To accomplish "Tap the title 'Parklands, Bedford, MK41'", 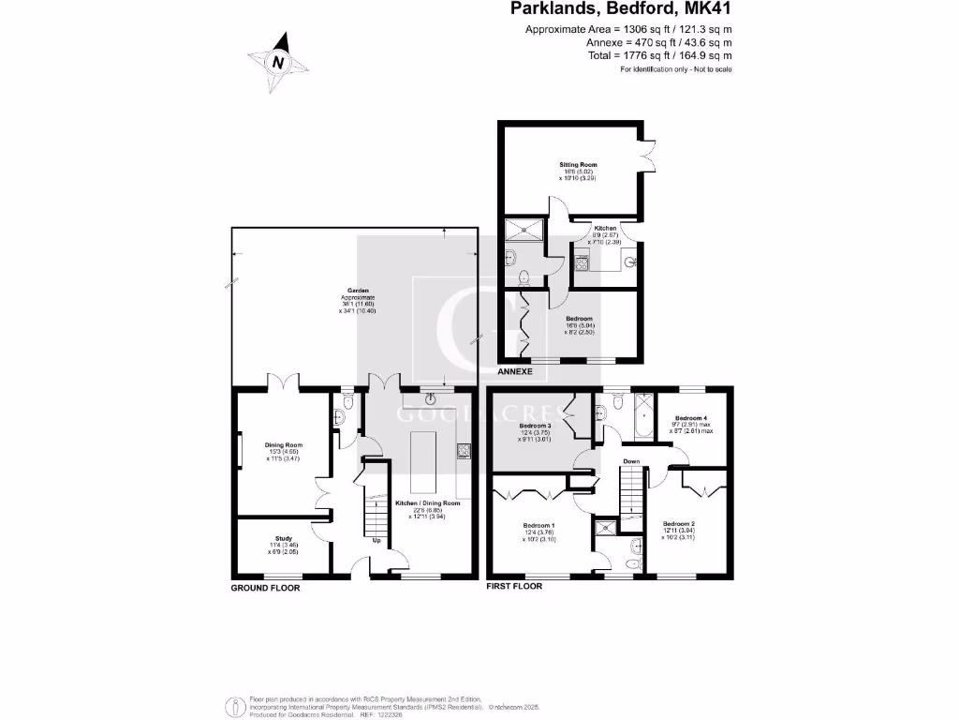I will pos(620,10).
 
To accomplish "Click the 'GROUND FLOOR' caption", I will pos(266,589).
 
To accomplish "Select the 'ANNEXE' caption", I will pos(515,372).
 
